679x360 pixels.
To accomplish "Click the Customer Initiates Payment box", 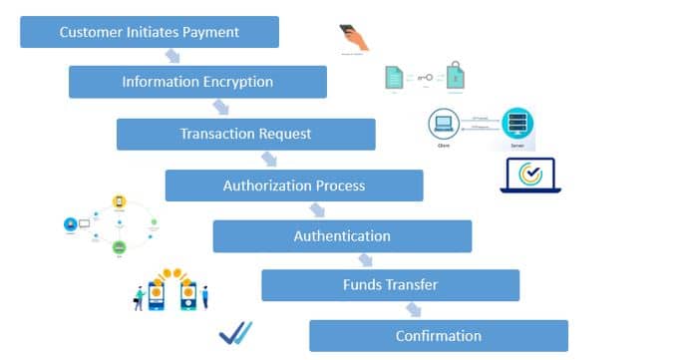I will (150, 32).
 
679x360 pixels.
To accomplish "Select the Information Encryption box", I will (197, 82).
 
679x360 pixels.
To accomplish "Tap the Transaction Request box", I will (245, 134).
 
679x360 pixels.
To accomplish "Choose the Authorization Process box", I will (294, 185).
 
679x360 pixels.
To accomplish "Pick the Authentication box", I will (342, 236).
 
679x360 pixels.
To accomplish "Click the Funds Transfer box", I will (390, 285).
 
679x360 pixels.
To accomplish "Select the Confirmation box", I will (439, 335).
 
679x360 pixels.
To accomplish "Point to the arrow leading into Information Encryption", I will (173, 57).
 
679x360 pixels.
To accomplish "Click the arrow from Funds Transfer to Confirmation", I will (413, 310).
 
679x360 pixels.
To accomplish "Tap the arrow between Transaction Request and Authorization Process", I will (269, 160).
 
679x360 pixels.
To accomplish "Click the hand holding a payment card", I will (354, 38).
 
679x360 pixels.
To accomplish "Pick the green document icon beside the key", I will (395, 78).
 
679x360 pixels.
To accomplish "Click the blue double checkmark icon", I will (235, 333).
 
